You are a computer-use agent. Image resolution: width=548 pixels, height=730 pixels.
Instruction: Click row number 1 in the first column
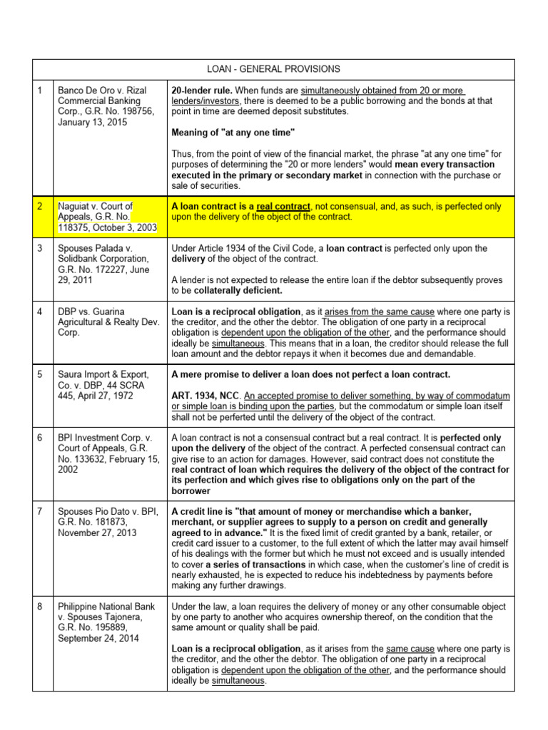tap(41, 91)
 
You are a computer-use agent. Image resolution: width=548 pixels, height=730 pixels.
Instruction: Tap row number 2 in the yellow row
tap(41, 206)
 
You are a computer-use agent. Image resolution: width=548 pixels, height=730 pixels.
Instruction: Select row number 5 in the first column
tap(41, 374)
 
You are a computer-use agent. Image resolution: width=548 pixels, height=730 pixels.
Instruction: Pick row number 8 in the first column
tap(41, 607)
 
